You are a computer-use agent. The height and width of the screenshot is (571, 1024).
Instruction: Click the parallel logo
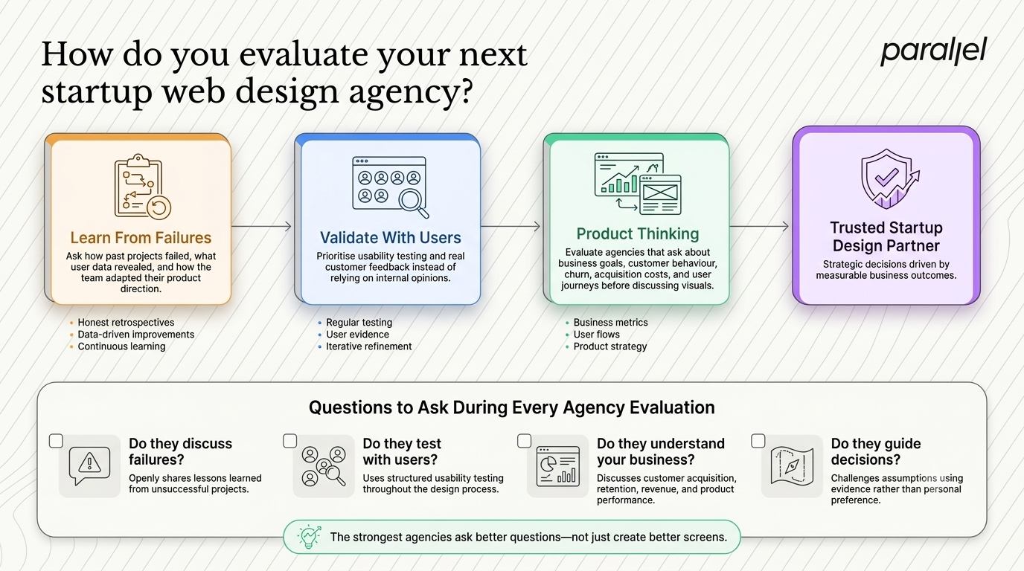pyautogui.click(x=933, y=51)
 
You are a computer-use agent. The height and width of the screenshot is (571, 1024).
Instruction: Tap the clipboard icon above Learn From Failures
pyautogui.click(x=142, y=187)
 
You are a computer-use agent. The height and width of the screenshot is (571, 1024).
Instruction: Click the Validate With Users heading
pyautogui.click(x=391, y=237)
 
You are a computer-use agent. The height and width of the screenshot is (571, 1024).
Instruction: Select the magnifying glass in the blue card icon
pyautogui.click(x=413, y=203)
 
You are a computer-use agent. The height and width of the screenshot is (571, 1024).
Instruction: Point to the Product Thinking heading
pyautogui.click(x=638, y=234)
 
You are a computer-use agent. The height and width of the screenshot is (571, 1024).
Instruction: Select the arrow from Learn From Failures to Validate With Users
pyautogui.click(x=261, y=226)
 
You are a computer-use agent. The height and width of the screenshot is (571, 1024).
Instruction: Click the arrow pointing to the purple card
pyautogui.click(x=759, y=226)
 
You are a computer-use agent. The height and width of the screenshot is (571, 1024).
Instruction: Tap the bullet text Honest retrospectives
pyautogui.click(x=126, y=323)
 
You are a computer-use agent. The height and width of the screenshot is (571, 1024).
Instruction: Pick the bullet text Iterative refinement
pyautogui.click(x=368, y=346)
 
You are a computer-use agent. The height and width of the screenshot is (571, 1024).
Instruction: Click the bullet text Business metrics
pyautogui.click(x=610, y=323)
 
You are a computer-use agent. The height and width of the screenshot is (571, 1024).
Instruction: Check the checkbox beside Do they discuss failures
pyautogui.click(x=56, y=442)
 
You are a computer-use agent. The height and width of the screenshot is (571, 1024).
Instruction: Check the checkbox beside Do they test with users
pyautogui.click(x=289, y=442)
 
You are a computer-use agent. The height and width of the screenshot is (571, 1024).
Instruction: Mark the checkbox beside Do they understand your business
pyautogui.click(x=524, y=442)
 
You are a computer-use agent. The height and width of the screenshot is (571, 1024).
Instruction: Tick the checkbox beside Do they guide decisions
pyautogui.click(x=758, y=442)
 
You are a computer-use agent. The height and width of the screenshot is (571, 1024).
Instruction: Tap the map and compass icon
pyautogui.click(x=792, y=466)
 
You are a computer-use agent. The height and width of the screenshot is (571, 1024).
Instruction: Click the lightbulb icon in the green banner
pyautogui.click(x=310, y=536)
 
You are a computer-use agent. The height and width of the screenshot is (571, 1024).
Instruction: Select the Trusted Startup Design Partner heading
pyautogui.click(x=886, y=236)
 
